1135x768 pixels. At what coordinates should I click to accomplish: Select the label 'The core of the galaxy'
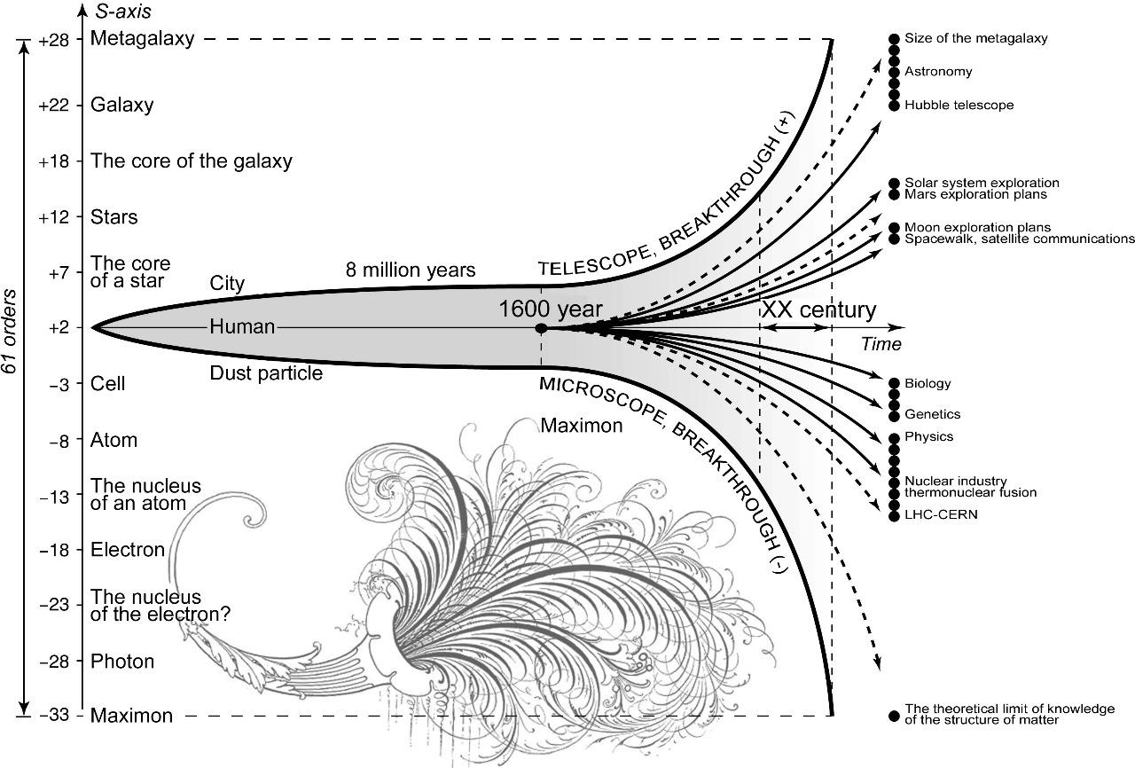191,161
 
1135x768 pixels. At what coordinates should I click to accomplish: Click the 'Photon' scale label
122,662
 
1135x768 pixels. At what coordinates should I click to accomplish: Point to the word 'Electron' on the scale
128,550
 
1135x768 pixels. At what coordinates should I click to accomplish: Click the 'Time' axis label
881,345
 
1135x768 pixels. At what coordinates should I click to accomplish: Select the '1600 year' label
551,310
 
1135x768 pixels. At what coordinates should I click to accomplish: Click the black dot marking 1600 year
541,328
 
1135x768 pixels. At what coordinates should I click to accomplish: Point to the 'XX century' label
819,310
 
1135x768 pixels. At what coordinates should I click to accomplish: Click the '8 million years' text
411,270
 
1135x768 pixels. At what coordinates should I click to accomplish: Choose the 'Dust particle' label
266,373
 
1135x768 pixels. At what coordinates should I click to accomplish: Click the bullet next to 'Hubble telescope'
894,106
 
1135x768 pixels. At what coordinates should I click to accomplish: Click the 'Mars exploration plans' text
975,194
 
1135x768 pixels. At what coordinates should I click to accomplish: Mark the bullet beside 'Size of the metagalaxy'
894,39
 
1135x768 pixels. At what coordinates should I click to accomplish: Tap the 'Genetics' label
932,414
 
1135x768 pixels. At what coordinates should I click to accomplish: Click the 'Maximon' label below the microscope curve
582,426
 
